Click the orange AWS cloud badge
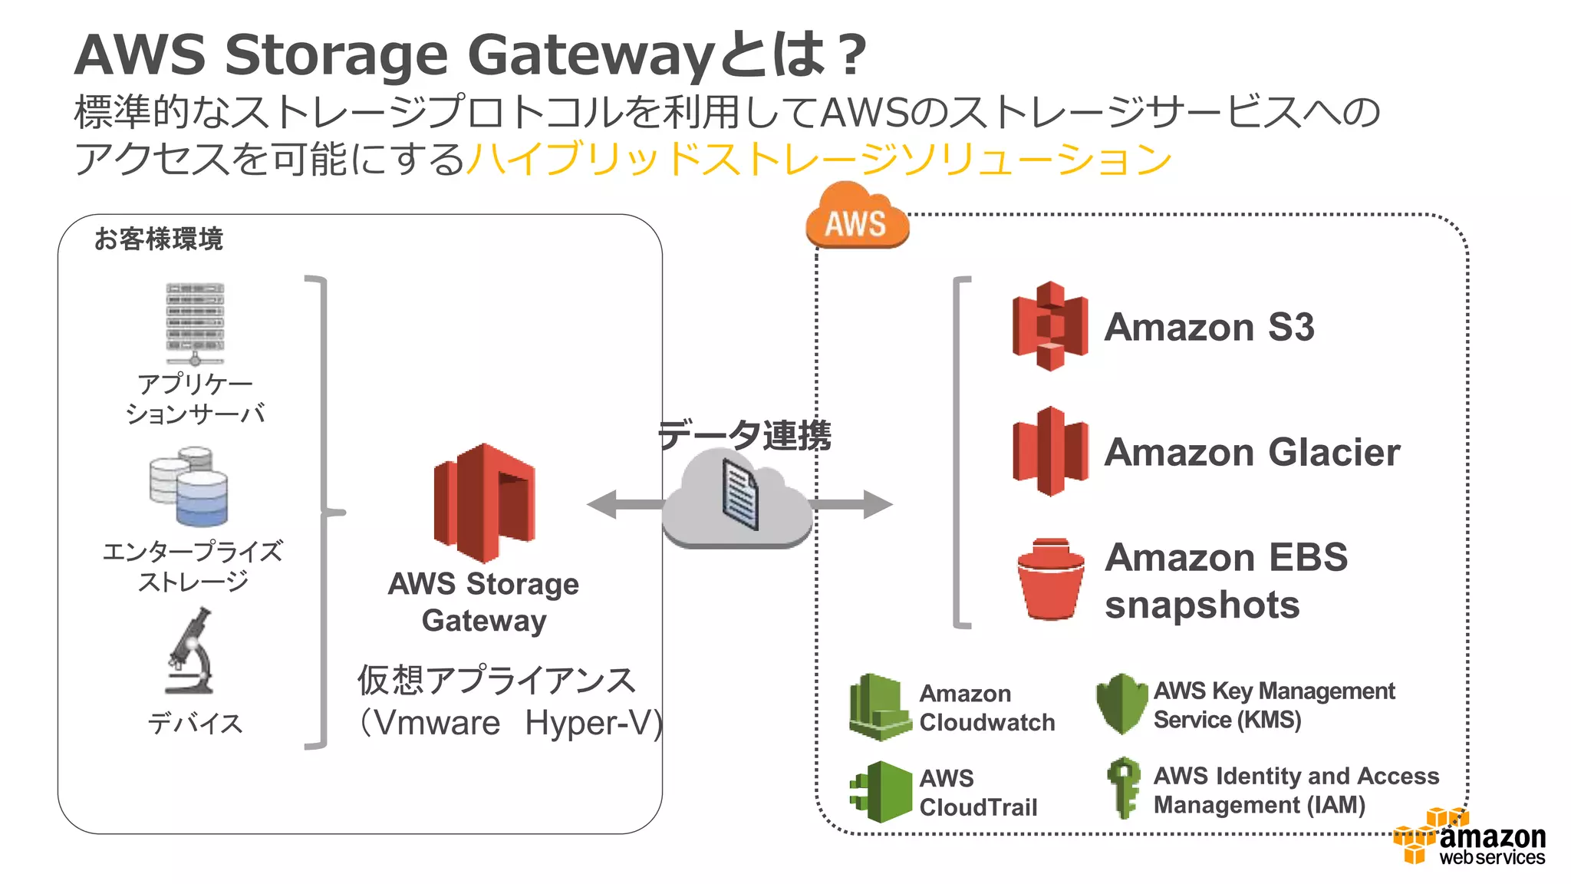coord(857,218)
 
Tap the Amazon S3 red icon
coord(1049,326)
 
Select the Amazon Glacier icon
coord(1049,451)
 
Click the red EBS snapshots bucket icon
coord(1050,579)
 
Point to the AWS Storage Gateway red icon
coord(484,503)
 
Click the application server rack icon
coord(195,323)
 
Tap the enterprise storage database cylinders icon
coord(189,487)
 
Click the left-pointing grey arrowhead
coord(603,504)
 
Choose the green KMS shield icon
coord(1121,704)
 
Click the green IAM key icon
coord(1124,787)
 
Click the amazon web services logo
coord(1470,839)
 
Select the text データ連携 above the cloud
coord(744,435)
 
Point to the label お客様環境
coord(158,239)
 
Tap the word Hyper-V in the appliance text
coord(593,723)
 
